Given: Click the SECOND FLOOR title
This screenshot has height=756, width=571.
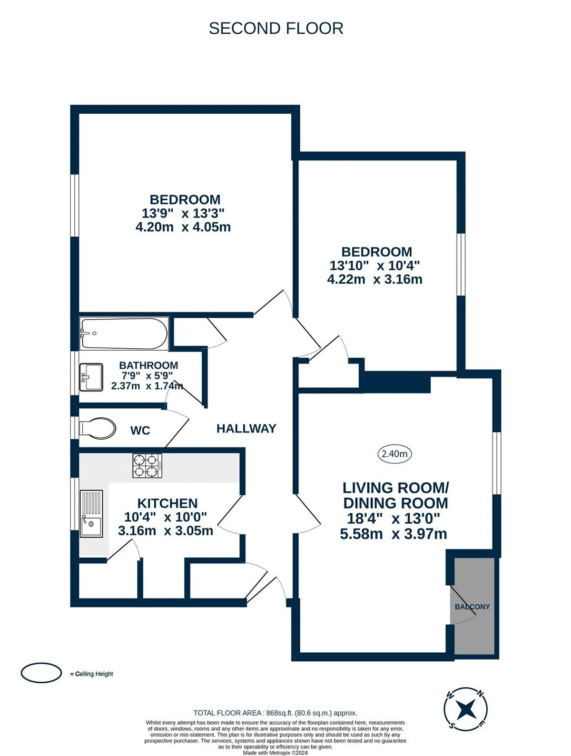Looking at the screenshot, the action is (276, 28).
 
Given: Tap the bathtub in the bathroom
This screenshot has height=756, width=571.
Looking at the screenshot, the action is (124, 334).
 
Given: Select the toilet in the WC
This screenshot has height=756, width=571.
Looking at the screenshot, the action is (98, 428).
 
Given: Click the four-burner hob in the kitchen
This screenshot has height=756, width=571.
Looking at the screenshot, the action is (148, 466).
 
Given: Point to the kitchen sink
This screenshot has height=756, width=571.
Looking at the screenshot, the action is (91, 513).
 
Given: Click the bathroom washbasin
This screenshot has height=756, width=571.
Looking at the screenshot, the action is (91, 377).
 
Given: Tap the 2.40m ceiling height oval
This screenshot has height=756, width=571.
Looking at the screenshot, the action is (394, 453).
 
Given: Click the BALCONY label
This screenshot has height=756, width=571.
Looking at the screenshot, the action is (472, 607).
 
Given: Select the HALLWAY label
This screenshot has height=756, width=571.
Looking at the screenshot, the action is (246, 428).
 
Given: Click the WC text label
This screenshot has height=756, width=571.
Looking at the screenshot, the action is (140, 430).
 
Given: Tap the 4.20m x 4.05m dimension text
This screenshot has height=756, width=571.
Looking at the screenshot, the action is (183, 227).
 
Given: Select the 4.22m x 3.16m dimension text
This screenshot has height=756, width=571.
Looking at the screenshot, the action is (374, 279).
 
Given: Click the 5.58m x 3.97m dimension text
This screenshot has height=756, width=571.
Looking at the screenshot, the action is (394, 533).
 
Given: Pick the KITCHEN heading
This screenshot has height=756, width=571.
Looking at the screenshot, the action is (167, 503).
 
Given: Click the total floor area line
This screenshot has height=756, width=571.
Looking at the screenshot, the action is (275, 713).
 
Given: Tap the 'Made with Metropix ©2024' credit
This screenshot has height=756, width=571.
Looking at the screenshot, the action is (275, 753).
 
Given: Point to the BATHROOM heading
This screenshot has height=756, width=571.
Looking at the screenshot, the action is (148, 365).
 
